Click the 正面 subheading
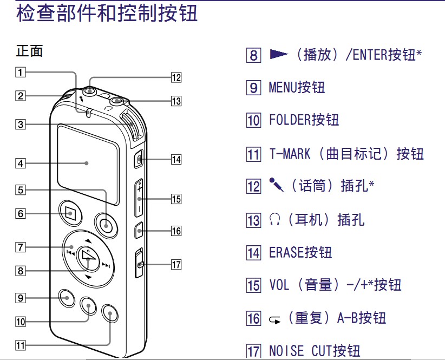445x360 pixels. pos(30,52)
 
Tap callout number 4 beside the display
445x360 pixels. pos(20,162)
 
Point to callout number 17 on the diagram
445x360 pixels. pos(175,265)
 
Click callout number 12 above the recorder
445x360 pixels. pos(175,77)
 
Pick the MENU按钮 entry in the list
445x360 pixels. pos(297,87)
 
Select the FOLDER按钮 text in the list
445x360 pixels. pos(304,120)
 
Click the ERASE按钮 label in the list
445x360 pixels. pos(300,252)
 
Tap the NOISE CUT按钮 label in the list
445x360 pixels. pos(314,351)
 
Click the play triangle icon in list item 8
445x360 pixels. pos(279,54)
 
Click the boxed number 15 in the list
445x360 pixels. pos(253,285)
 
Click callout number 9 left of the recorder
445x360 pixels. pos(20,297)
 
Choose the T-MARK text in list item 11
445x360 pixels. pos(290,154)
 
